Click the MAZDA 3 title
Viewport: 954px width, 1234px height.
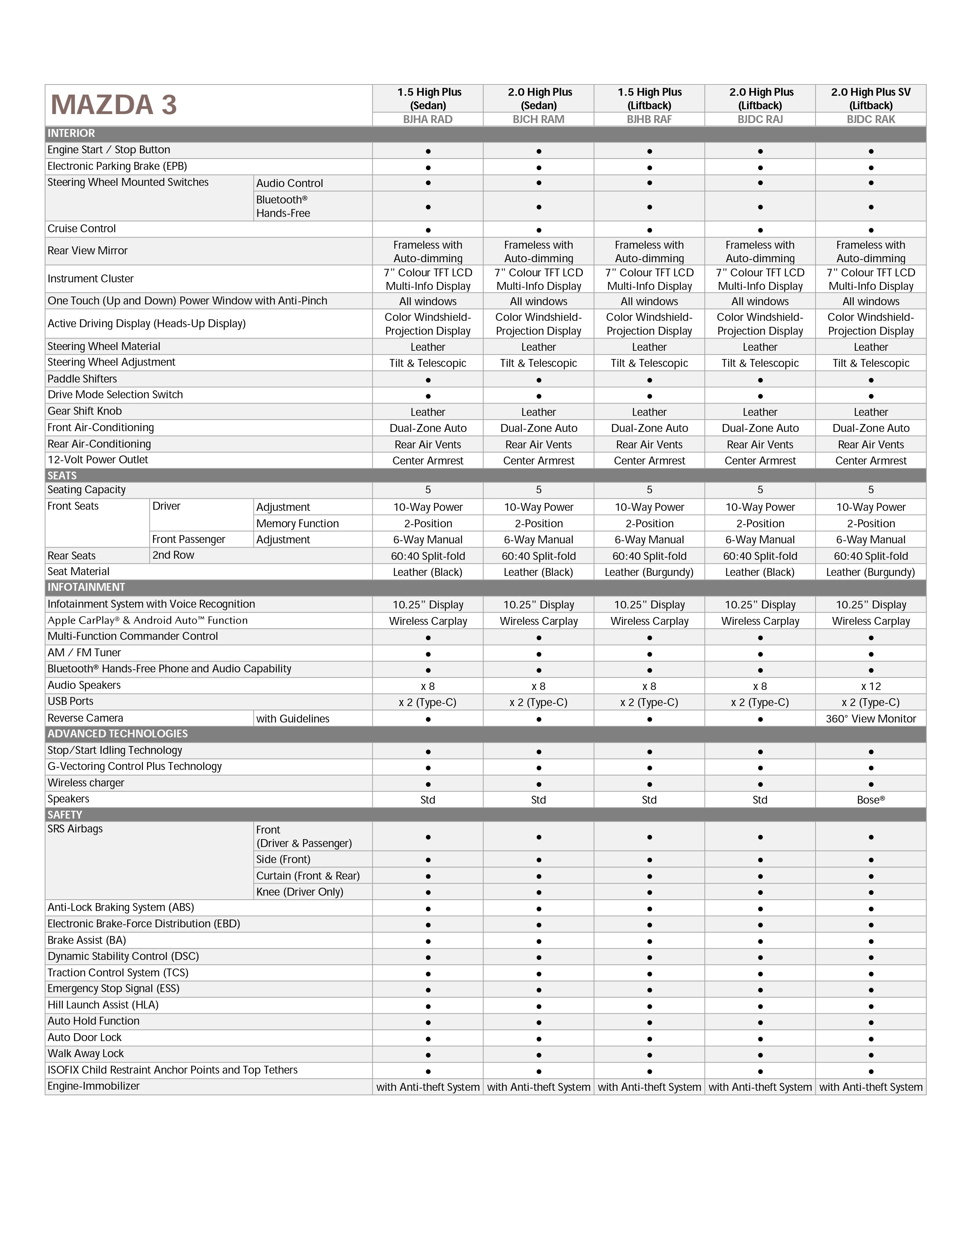coord(114,105)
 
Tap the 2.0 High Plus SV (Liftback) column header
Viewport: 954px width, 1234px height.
coord(870,98)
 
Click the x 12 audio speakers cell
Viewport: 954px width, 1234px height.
coord(870,686)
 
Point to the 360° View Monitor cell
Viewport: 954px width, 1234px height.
coord(870,719)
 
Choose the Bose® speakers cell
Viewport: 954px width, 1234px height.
coord(870,799)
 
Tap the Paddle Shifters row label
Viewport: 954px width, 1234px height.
coord(83,378)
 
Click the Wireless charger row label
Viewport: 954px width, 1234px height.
coord(86,783)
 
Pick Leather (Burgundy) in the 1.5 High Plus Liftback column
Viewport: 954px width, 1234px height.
coord(649,573)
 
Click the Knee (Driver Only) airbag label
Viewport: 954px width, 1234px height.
coord(300,891)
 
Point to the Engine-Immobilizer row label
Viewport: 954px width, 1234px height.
coord(94,1086)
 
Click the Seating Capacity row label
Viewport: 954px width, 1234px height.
coord(86,490)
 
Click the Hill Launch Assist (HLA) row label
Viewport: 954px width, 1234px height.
coord(103,1005)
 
